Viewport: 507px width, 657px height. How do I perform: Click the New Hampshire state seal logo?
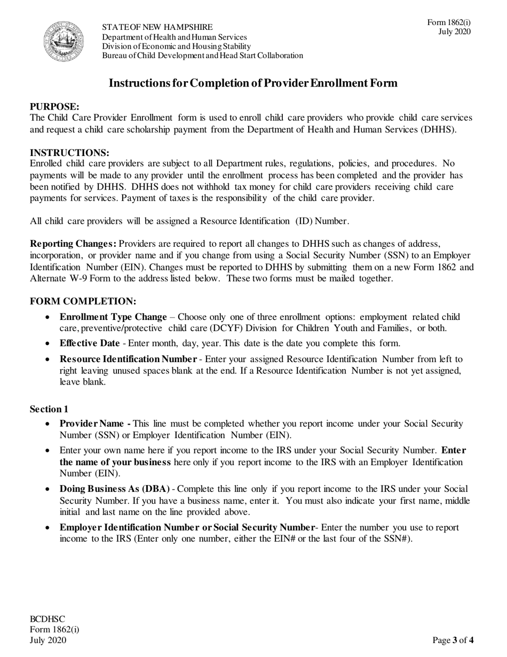point(64,41)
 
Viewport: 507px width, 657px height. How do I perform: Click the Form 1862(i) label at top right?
point(449,22)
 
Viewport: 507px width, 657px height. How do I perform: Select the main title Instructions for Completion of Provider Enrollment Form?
point(253,83)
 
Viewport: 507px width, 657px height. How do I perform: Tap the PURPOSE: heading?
point(54,107)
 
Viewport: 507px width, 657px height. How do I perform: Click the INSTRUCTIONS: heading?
point(69,153)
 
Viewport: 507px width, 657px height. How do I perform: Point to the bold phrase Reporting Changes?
point(74,244)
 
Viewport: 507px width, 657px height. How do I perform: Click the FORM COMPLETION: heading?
point(83,301)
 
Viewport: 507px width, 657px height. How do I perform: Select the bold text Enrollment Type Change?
point(113,317)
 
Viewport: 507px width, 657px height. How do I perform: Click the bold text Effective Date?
point(90,343)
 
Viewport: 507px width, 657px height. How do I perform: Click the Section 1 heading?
point(49,409)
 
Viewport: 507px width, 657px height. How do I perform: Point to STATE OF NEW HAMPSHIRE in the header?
point(157,27)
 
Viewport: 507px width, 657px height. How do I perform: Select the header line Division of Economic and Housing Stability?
point(176,46)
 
